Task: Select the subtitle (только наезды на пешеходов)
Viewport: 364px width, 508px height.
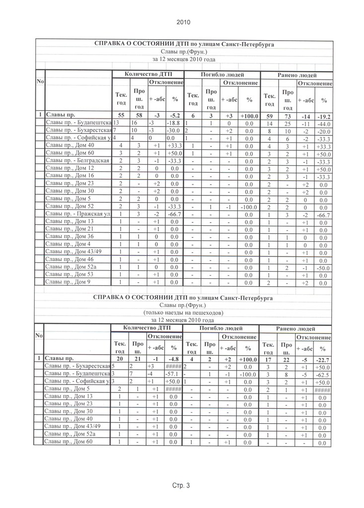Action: (183, 313)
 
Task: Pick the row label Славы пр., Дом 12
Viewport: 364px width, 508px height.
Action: (70, 168)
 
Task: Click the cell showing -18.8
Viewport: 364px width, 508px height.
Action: (175, 123)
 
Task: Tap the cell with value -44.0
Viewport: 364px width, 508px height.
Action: (324, 124)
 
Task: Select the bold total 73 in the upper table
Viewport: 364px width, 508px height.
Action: (288, 116)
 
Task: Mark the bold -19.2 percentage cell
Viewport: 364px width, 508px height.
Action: (324, 116)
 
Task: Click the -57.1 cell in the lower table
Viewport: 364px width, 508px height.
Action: (173, 373)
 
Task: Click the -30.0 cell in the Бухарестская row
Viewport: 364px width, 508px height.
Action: (175, 130)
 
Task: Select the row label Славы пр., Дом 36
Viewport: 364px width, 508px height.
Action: (70, 237)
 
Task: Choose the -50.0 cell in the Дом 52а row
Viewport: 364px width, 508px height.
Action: (324, 268)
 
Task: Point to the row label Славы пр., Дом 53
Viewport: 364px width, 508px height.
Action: (70, 274)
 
